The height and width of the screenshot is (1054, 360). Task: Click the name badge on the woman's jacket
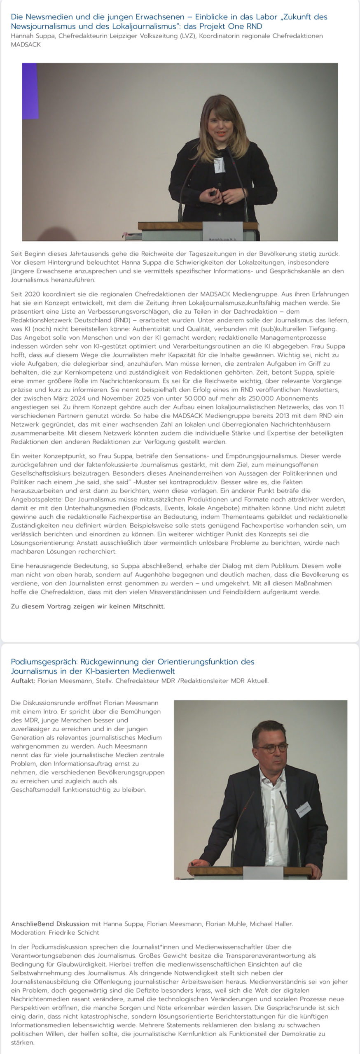(x=217, y=164)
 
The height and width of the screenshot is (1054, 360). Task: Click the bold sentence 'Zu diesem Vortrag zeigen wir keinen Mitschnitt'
(x=88, y=606)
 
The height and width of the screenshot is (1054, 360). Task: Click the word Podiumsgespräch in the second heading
(x=44, y=662)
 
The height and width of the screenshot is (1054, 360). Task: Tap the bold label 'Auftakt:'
(x=23, y=681)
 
